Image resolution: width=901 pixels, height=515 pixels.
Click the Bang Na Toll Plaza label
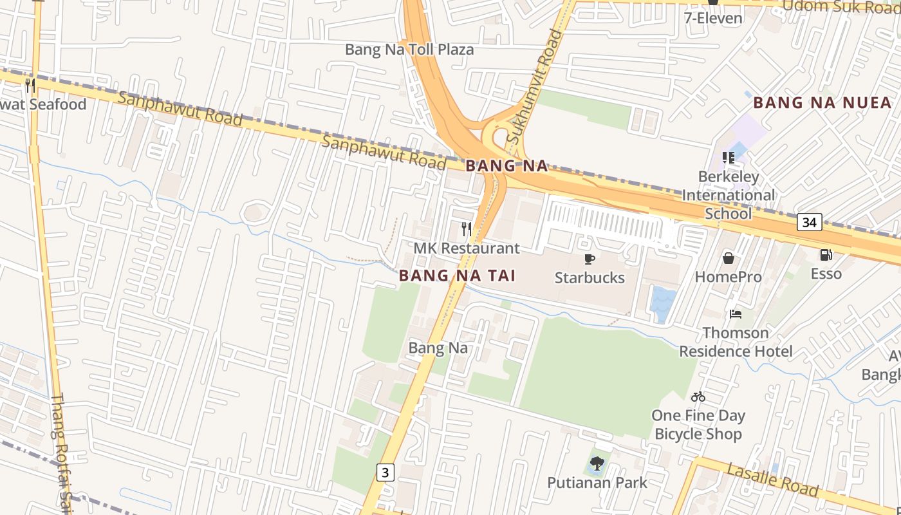pos(409,50)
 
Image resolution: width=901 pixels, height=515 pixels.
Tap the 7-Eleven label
pos(713,17)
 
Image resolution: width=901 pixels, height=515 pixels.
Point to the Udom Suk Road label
pos(841,7)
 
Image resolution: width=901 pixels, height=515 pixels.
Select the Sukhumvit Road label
pos(534,87)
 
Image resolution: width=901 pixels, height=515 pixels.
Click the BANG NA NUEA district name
pos(822,102)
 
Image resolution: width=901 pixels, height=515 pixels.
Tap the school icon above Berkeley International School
pos(729,158)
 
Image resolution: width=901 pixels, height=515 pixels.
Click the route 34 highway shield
pos(809,222)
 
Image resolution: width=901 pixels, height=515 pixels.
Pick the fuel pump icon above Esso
pos(826,255)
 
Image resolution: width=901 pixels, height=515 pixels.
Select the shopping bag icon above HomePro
pos(729,258)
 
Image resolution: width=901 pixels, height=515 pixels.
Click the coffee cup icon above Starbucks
pos(589,259)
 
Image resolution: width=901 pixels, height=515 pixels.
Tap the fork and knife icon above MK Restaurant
pos(467,229)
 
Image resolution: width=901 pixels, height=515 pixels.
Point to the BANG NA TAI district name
pos(457,276)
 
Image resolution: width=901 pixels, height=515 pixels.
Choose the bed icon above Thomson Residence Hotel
pos(736,314)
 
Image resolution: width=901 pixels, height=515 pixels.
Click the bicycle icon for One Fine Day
pos(698,397)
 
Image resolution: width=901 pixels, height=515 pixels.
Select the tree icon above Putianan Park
pos(597,463)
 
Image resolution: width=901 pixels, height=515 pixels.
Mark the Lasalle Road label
pos(772,480)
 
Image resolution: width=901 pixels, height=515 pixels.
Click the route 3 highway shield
pos(385,473)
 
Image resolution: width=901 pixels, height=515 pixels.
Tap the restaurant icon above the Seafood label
pos(30,85)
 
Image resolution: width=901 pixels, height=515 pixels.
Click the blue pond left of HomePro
pos(663,303)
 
